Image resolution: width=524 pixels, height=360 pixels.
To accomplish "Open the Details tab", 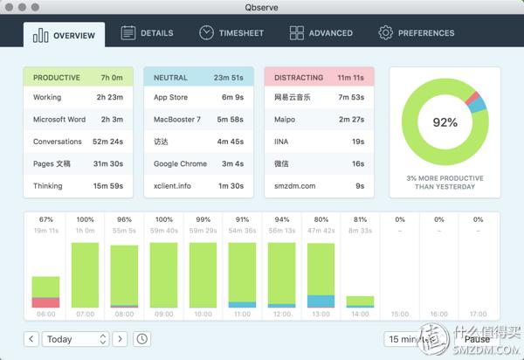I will coord(147,33).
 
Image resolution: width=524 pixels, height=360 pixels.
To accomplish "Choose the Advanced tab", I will coord(321,33).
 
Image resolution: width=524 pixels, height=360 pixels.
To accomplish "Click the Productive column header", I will coord(78,78).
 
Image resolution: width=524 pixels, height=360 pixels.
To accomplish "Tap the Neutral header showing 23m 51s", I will coord(198,78).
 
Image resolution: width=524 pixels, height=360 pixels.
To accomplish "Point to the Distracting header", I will coord(319,78).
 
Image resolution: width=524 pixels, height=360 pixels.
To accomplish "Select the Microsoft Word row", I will coord(78,120).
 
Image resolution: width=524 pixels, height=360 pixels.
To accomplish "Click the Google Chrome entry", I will coord(198,163).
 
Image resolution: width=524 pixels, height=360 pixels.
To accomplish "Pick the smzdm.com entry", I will coord(319,185).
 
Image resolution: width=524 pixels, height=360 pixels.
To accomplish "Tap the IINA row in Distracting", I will coord(319,142).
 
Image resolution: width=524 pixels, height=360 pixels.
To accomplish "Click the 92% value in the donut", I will coord(445,122).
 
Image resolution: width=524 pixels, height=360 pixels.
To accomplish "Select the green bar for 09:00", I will coord(164,274).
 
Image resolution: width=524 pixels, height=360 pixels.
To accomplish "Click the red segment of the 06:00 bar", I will coord(45,303).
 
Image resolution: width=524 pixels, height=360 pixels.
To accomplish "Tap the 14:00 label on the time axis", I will coord(360,315).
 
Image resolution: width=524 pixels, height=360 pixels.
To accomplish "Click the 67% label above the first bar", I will coord(46,220).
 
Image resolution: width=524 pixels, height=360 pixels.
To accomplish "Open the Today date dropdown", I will coord(76,339).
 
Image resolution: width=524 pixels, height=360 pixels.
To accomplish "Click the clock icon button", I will coord(141,339).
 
